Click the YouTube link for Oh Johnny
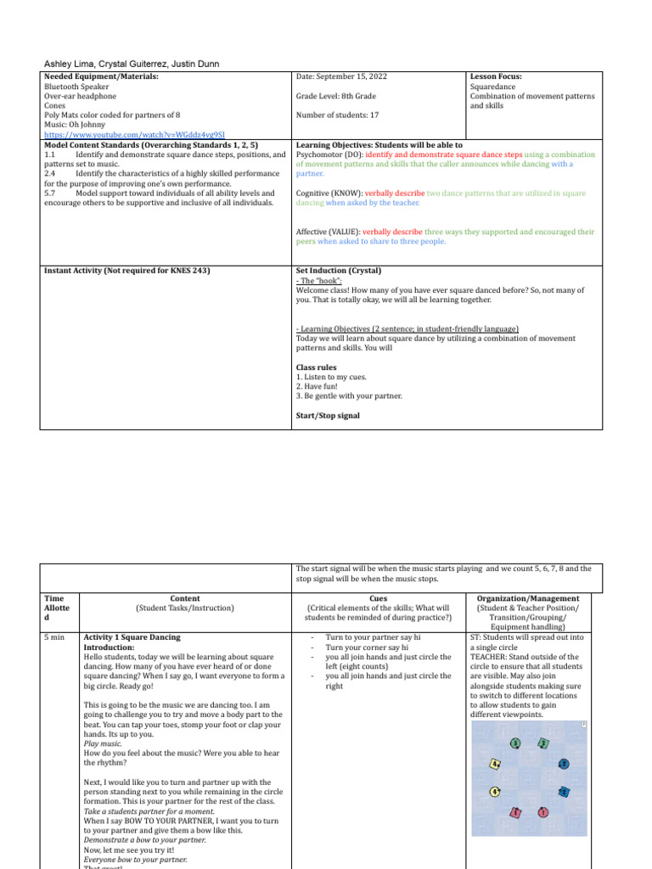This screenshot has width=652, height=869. [x=122, y=134]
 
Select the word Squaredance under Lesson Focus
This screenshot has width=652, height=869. [x=495, y=87]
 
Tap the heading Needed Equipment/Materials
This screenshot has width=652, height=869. [x=101, y=76]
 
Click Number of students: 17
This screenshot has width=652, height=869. [x=339, y=115]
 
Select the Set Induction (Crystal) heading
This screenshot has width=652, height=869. [x=339, y=271]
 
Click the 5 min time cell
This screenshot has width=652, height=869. [x=53, y=636]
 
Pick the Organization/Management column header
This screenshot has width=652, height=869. [x=528, y=598]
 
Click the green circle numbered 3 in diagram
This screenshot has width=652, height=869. [x=514, y=743]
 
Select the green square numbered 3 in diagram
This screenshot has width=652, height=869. [x=543, y=743]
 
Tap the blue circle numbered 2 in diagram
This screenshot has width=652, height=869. [x=563, y=764]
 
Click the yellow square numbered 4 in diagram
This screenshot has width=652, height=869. [x=496, y=764]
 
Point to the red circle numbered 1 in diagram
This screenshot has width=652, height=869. [x=543, y=812]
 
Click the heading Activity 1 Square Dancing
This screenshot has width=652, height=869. [x=132, y=636]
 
